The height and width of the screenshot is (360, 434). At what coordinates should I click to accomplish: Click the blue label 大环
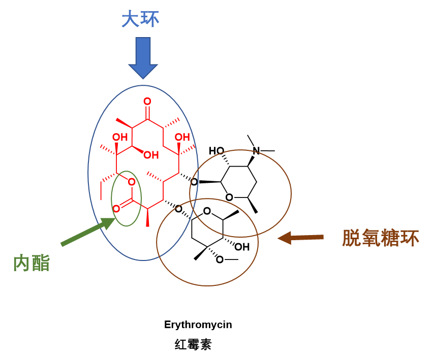point(140,19)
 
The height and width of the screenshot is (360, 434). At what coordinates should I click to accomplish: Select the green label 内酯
point(32,264)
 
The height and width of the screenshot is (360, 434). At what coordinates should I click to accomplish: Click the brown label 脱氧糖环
point(381,238)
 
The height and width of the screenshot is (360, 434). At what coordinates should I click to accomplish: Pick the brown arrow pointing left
point(300,237)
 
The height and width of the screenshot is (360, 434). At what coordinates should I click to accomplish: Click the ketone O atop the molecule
point(147,102)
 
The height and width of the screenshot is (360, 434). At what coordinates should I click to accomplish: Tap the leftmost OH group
point(120,138)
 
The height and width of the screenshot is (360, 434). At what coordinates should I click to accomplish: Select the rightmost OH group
point(182,137)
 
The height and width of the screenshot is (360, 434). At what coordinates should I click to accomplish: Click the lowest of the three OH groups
point(150,155)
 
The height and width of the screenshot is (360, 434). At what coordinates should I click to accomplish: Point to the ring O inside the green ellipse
point(132,182)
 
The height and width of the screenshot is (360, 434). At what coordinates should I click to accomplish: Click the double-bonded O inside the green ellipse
point(116,209)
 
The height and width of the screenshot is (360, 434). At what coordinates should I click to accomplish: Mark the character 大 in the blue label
point(131,19)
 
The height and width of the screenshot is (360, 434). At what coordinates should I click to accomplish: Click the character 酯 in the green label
point(41,264)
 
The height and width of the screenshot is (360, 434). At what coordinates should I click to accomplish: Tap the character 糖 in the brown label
point(390,238)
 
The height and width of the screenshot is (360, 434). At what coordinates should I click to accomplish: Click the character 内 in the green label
point(22,264)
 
